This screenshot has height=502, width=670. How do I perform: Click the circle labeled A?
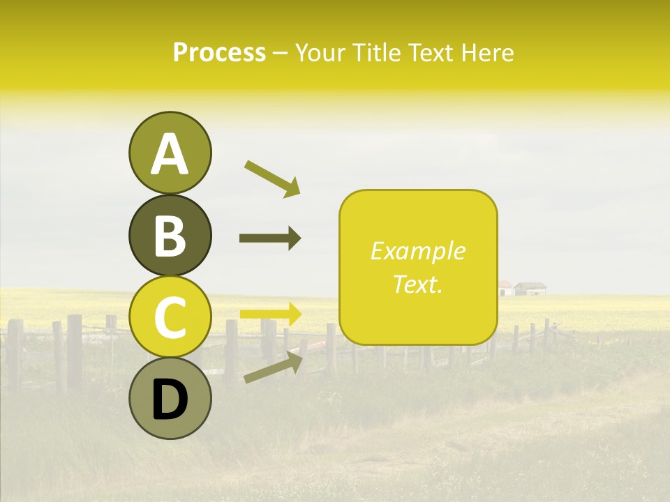pyautogui.click(x=170, y=153)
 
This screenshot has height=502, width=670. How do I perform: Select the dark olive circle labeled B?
pyautogui.click(x=170, y=235)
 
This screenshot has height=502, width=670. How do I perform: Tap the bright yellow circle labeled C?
pyautogui.click(x=170, y=317)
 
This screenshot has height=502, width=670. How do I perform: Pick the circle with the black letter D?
pyautogui.click(x=170, y=399)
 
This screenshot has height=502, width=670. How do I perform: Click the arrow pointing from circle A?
pyautogui.click(x=271, y=178)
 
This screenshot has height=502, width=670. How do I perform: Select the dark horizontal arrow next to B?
pyautogui.click(x=270, y=238)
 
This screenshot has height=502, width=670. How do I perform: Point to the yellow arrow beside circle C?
pyautogui.click(x=271, y=314)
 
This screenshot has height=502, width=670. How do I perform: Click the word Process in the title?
pyautogui.click(x=219, y=52)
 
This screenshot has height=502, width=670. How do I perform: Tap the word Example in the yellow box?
pyautogui.click(x=417, y=251)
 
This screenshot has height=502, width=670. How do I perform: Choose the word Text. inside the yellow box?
pyautogui.click(x=417, y=284)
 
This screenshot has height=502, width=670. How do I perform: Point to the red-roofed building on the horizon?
pyautogui.click(x=505, y=288)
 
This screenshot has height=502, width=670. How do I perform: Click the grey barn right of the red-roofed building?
pyautogui.click(x=530, y=288)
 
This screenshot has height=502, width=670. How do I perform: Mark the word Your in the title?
pyautogui.click(x=319, y=52)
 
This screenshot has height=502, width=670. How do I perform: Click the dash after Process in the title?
pyautogui.click(x=280, y=54)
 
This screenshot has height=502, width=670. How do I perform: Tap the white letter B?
pyautogui.click(x=170, y=236)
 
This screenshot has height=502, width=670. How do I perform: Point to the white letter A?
pyautogui.click(x=170, y=153)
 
